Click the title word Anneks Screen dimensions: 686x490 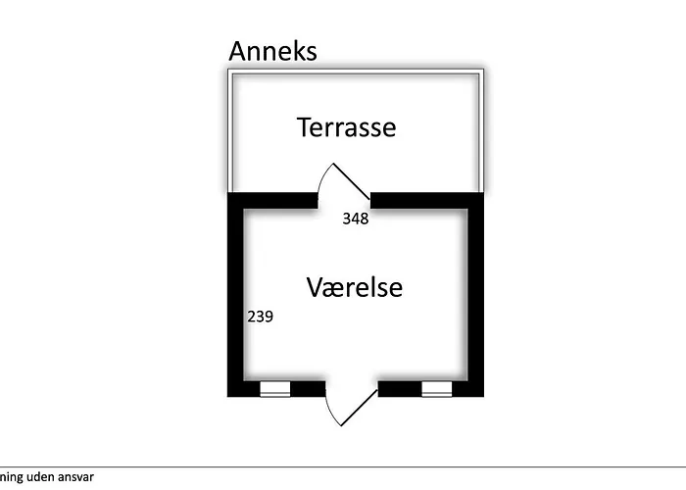pyautogui.click(x=272, y=51)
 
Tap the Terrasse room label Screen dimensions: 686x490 pyautogui.click(x=347, y=127)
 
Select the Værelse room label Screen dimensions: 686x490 pyautogui.click(x=355, y=287)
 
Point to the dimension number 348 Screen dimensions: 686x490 pyautogui.click(x=355, y=219)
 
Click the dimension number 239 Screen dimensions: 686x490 pyautogui.click(x=260, y=317)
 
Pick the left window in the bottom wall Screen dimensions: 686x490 pyautogui.click(x=275, y=389)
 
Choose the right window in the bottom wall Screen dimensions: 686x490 pyautogui.click(x=437, y=389)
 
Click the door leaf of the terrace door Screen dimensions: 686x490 pyautogui.click(x=352, y=181)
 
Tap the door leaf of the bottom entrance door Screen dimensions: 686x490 pyautogui.click(x=359, y=408)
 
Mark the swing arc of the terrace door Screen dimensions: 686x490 pyautogui.click(x=322, y=178)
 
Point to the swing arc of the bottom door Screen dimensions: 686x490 pyautogui.click(x=330, y=412)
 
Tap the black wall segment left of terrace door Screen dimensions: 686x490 pyautogui.click(x=272, y=200)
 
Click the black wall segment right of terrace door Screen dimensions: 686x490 pyautogui.click(x=427, y=200)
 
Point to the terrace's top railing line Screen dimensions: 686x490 pyautogui.click(x=356, y=72)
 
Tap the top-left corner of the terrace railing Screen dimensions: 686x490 pyautogui.click(x=228, y=70)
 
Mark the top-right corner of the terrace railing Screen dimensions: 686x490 pyautogui.click(x=483, y=70)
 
